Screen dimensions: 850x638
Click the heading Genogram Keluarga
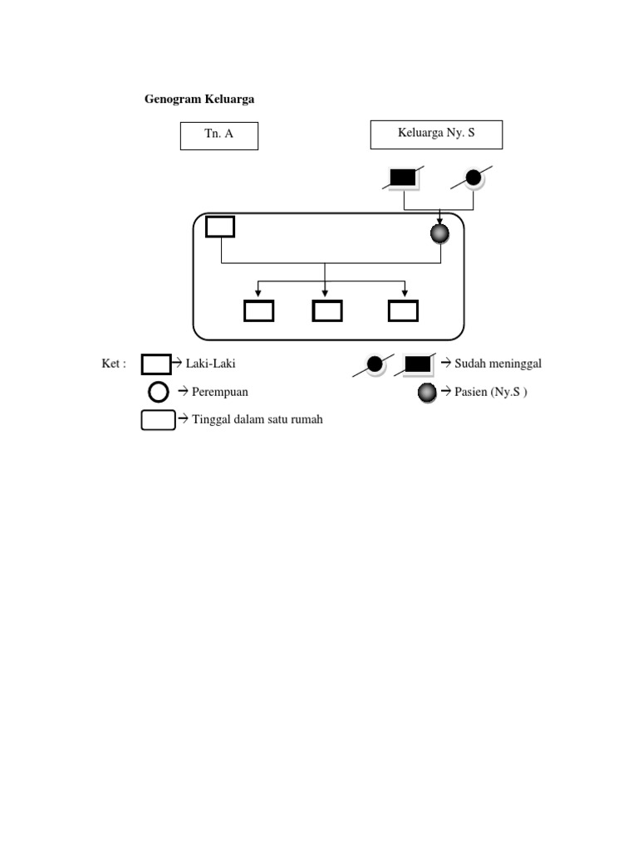coord(199,99)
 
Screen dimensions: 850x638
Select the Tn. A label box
coord(219,136)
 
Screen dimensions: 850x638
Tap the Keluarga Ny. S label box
coord(436,134)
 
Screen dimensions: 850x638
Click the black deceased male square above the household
coord(403,177)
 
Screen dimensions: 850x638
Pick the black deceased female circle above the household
coord(474,177)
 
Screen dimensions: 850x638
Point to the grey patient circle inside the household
coord(439,234)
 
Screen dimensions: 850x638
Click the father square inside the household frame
coord(220,227)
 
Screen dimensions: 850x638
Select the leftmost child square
coord(258,310)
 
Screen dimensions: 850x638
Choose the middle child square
coord(327,310)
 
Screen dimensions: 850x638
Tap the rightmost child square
coord(404,310)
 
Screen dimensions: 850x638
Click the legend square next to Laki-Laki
coord(156,364)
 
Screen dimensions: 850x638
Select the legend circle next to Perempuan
coord(158,392)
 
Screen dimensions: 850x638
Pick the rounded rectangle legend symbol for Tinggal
coord(158,420)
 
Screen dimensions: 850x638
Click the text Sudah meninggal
coord(498,364)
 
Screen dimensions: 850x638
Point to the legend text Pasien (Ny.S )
coord(490,392)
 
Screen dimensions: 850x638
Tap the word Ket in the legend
coord(113,364)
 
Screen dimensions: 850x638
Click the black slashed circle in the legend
coord(375,364)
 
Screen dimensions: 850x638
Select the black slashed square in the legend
coord(418,364)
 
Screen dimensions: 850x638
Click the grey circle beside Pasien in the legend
coord(428,392)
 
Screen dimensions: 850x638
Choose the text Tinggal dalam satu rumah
coord(257,419)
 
